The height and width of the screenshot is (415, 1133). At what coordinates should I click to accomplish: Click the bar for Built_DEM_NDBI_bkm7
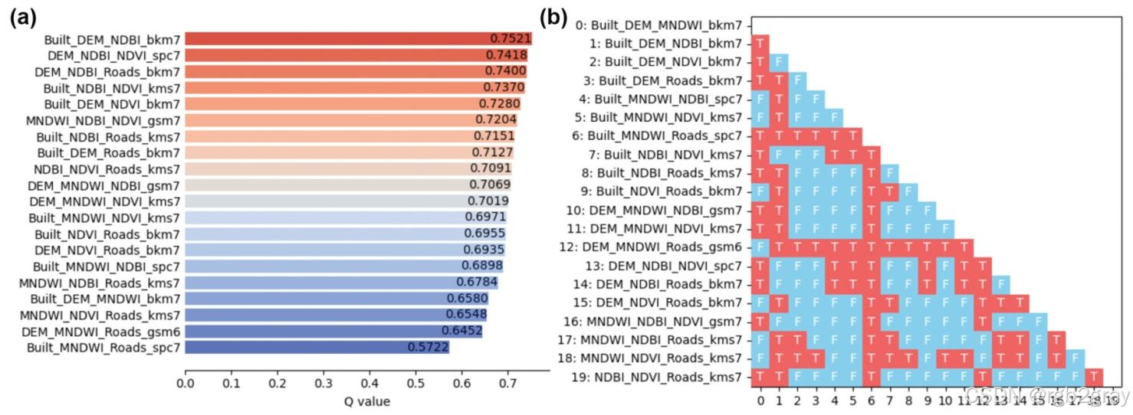[358, 39]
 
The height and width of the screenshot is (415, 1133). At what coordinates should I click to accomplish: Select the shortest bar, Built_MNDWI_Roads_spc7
[317, 348]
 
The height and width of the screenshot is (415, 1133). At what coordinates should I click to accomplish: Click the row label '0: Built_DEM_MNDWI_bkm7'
[658, 25]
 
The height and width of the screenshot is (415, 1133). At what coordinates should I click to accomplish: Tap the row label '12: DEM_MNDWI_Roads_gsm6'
[662, 247]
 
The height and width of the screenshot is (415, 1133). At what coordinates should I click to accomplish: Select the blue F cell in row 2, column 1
[778, 61]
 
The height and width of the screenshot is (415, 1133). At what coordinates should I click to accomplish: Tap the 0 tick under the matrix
[760, 400]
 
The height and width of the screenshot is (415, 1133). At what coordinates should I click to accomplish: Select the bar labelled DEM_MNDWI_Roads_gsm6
[333, 332]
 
